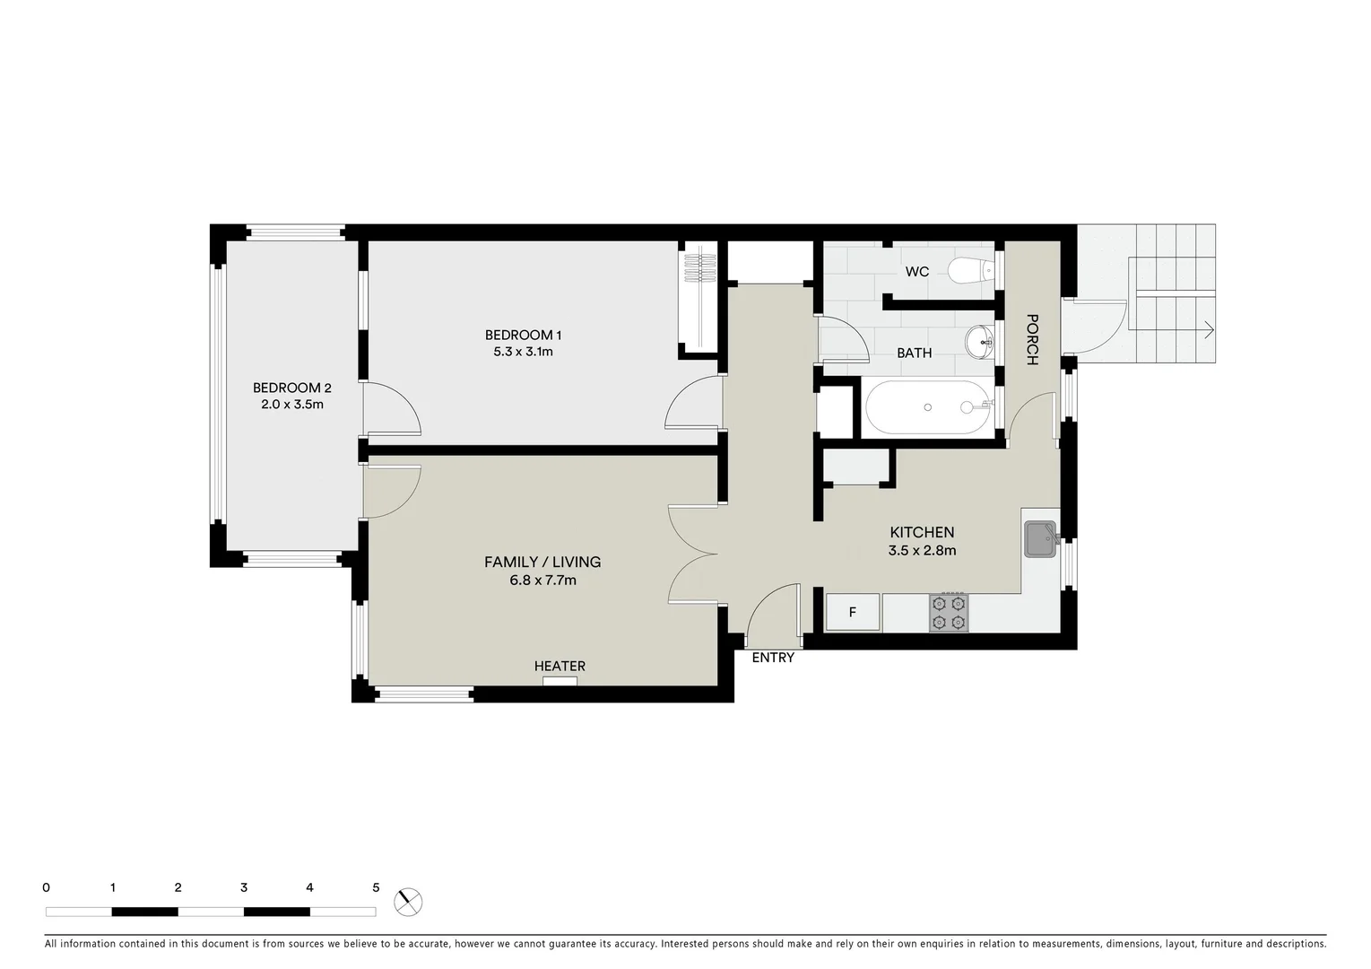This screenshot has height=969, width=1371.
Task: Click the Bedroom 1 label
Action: [x=523, y=335]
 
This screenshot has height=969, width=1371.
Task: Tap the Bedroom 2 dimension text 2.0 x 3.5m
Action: [x=291, y=405]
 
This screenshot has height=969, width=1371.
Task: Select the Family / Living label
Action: [x=542, y=562]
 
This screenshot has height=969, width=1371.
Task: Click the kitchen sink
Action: [x=1041, y=539]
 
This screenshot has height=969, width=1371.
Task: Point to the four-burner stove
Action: [x=949, y=613]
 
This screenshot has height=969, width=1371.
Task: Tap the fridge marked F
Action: [x=852, y=613]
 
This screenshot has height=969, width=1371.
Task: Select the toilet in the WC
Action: [x=970, y=269]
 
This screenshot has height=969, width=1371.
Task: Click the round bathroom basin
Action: [x=978, y=340]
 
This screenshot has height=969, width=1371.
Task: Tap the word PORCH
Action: [x=1031, y=339]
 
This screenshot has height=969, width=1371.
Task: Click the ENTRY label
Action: [x=773, y=658]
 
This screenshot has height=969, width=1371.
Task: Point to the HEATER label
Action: [x=560, y=666]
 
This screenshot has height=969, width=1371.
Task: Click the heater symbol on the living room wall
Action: [x=560, y=681]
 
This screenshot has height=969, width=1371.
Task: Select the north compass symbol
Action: [x=408, y=901]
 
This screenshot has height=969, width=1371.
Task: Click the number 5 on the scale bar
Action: [x=376, y=887]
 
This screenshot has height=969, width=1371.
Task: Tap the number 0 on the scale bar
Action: [x=46, y=887]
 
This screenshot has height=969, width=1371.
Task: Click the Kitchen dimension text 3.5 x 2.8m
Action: [x=922, y=550]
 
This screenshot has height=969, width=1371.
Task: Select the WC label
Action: [x=916, y=271]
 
